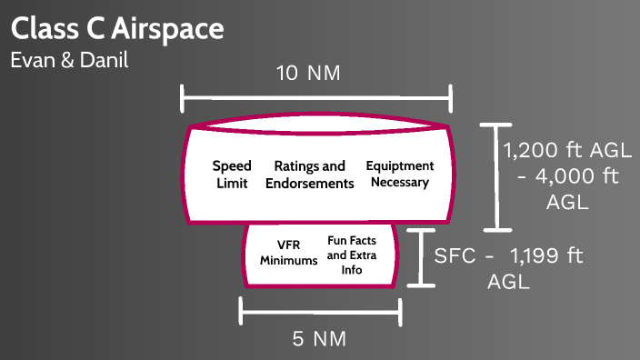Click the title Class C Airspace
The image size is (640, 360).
[x=117, y=28]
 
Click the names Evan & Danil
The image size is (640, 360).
[x=70, y=61]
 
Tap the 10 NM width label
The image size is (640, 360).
[x=308, y=74]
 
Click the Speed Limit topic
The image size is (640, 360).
[x=232, y=175]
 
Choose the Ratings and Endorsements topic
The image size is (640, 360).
[x=309, y=175]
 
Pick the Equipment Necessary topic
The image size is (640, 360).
[x=399, y=175]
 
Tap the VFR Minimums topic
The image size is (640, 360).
[x=288, y=252]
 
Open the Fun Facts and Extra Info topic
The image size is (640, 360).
[x=352, y=255]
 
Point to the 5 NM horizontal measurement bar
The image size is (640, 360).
[x=320, y=311]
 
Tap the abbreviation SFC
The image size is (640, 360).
[x=455, y=257]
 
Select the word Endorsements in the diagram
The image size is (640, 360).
[x=309, y=184]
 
